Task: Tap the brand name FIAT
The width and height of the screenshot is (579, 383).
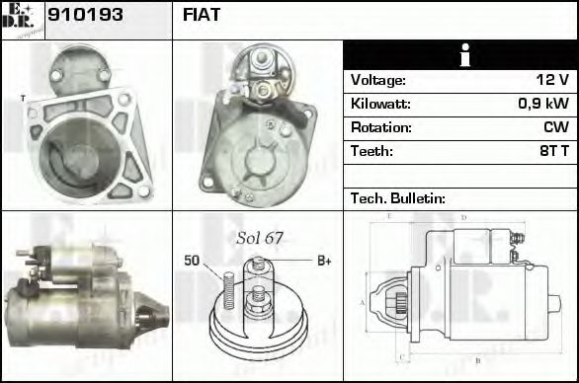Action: pos(202,16)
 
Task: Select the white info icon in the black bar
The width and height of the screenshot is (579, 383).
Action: pos(459,55)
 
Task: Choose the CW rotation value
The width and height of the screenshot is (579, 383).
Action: pos(555,127)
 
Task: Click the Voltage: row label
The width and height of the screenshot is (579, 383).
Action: pos(378,80)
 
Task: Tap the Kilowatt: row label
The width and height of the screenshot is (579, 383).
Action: pos(381,104)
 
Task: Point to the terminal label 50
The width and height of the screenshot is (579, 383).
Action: pos(192,261)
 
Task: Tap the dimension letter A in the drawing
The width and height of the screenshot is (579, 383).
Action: pos(363,301)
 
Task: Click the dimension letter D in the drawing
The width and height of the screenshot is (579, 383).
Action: pos(462,217)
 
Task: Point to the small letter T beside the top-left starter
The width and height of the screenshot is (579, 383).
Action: pos(23,98)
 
